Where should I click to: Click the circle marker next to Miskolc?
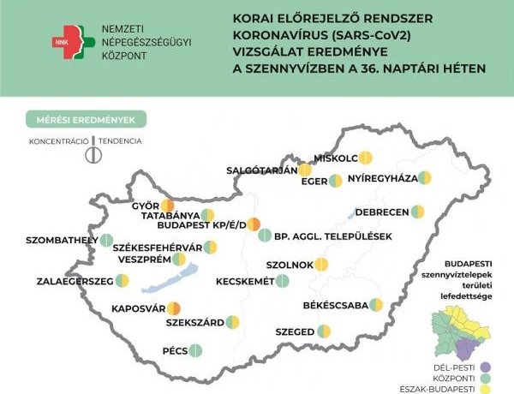366,157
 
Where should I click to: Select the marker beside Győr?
168,206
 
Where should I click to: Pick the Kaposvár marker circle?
174,307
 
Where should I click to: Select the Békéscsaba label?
336,305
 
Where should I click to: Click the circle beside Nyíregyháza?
425,178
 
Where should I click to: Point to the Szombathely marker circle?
106,241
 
